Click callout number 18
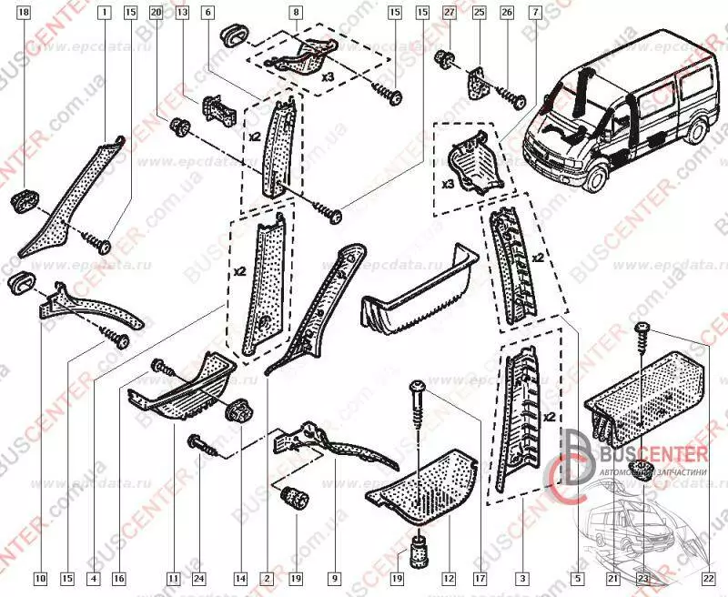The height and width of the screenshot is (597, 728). [x=24, y=13]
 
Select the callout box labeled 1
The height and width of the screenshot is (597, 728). [x=106, y=13]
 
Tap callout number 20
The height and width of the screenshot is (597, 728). [x=156, y=13]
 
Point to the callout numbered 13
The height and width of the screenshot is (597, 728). [x=182, y=13]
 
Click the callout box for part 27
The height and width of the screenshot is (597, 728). [x=448, y=13]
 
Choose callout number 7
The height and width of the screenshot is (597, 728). [x=533, y=13]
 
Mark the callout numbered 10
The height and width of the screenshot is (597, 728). [x=39, y=577]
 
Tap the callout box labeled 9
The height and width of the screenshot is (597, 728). [x=335, y=577]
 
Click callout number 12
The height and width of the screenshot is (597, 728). [x=447, y=577]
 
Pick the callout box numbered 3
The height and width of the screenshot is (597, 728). [x=521, y=577]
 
